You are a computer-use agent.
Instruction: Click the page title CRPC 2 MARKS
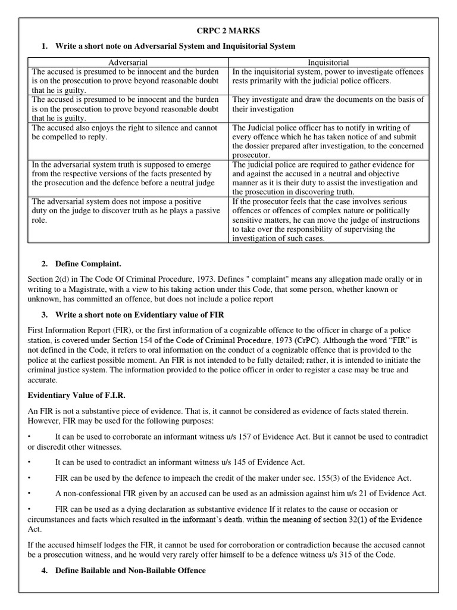[228, 30]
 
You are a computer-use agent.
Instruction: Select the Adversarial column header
[128, 62]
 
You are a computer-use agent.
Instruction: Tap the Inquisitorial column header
[328, 62]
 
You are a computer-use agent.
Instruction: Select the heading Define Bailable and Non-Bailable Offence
[130, 570]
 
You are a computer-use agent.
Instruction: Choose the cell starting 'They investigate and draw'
[328, 104]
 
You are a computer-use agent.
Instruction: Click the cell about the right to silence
[128, 132]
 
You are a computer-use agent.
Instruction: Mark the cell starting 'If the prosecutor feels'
[328, 220]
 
